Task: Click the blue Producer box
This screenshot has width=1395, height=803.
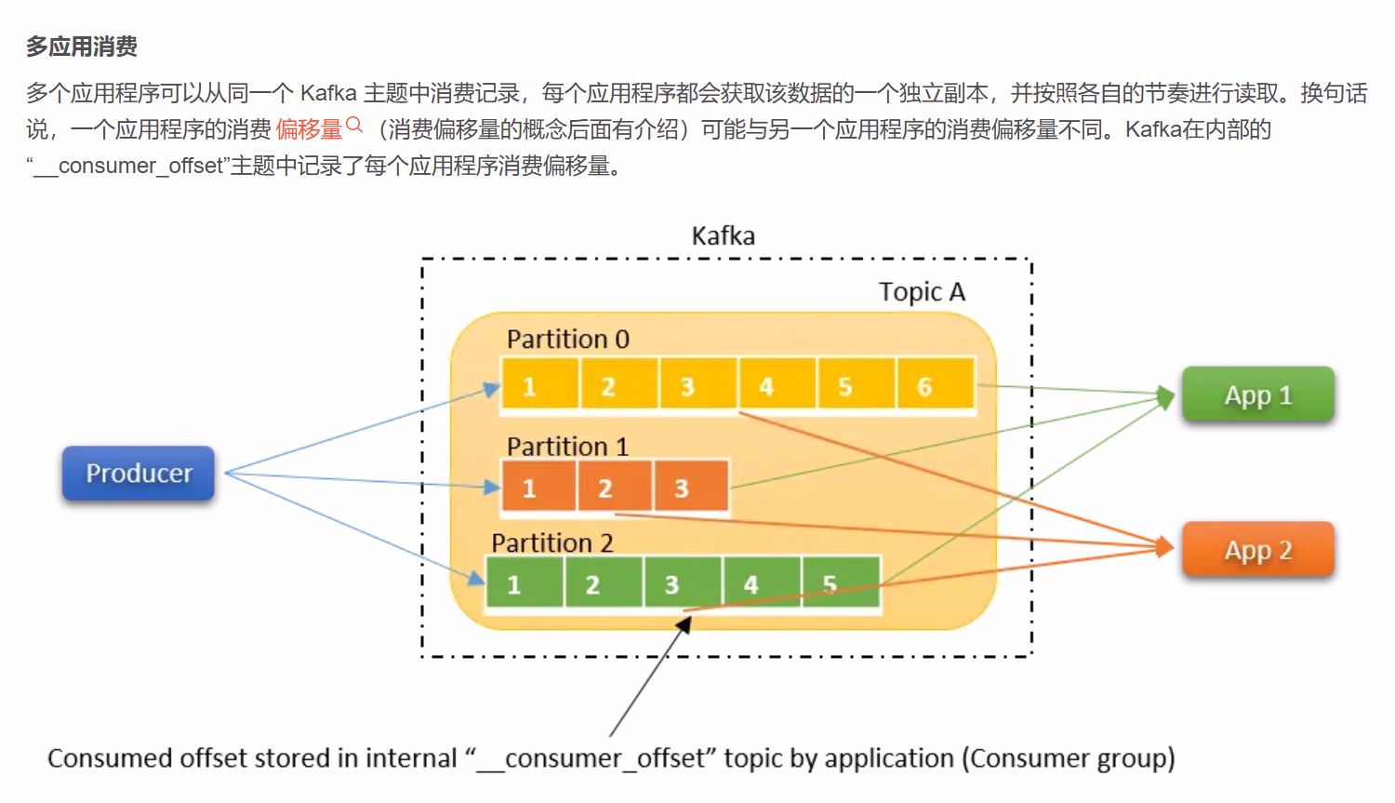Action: click(139, 474)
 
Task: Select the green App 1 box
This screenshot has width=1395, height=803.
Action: click(1257, 395)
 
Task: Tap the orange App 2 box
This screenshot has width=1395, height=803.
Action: click(1257, 550)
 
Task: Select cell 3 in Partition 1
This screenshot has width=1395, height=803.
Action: click(689, 486)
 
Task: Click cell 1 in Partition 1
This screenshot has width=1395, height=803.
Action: click(538, 486)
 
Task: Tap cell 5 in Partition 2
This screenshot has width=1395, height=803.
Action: click(840, 582)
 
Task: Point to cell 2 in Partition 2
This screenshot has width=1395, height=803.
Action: click(603, 582)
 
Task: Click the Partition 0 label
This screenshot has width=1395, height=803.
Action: click(567, 340)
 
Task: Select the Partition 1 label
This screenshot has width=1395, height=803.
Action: click(567, 447)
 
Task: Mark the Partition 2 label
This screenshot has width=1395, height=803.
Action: click(552, 542)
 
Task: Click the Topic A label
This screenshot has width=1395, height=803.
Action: click(922, 292)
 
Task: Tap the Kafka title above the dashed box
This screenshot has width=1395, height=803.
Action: click(723, 236)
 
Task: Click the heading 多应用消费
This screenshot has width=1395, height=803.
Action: click(82, 47)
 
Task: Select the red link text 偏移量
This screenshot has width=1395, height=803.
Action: click(309, 129)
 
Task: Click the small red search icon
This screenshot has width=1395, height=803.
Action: click(353, 125)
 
